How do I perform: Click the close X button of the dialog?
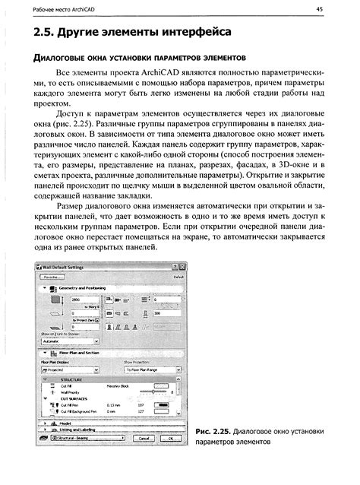(x=182, y=268)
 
